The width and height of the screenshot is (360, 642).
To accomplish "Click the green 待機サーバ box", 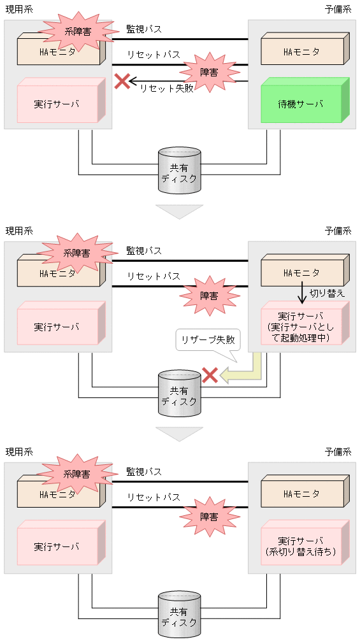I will pos(303,103).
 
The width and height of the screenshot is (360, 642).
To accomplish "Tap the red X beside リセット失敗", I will pos(122,81).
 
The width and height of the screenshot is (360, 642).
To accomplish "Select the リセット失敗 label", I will pos(166,89).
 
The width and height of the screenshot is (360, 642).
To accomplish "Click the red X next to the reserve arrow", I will pos(210,375).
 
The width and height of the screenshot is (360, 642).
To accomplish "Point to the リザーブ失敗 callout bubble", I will pos(206,341).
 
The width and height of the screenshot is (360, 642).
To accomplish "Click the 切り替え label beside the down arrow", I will pos(327,294).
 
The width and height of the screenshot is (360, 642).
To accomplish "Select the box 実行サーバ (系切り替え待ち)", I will pos(303,546).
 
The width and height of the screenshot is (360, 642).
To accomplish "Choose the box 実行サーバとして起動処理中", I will pos(303,326).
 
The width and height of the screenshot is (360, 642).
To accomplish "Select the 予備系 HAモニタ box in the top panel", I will pos(303,52).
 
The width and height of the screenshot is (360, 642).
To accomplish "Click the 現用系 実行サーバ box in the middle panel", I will pos(58,326).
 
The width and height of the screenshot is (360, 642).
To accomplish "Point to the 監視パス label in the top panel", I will pos(144,29).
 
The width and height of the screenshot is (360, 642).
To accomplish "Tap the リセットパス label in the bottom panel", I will pos(153,497).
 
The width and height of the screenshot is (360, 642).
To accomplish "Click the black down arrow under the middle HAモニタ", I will pos(303,294).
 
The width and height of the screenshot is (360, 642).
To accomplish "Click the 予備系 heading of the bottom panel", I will pos(338,452).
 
